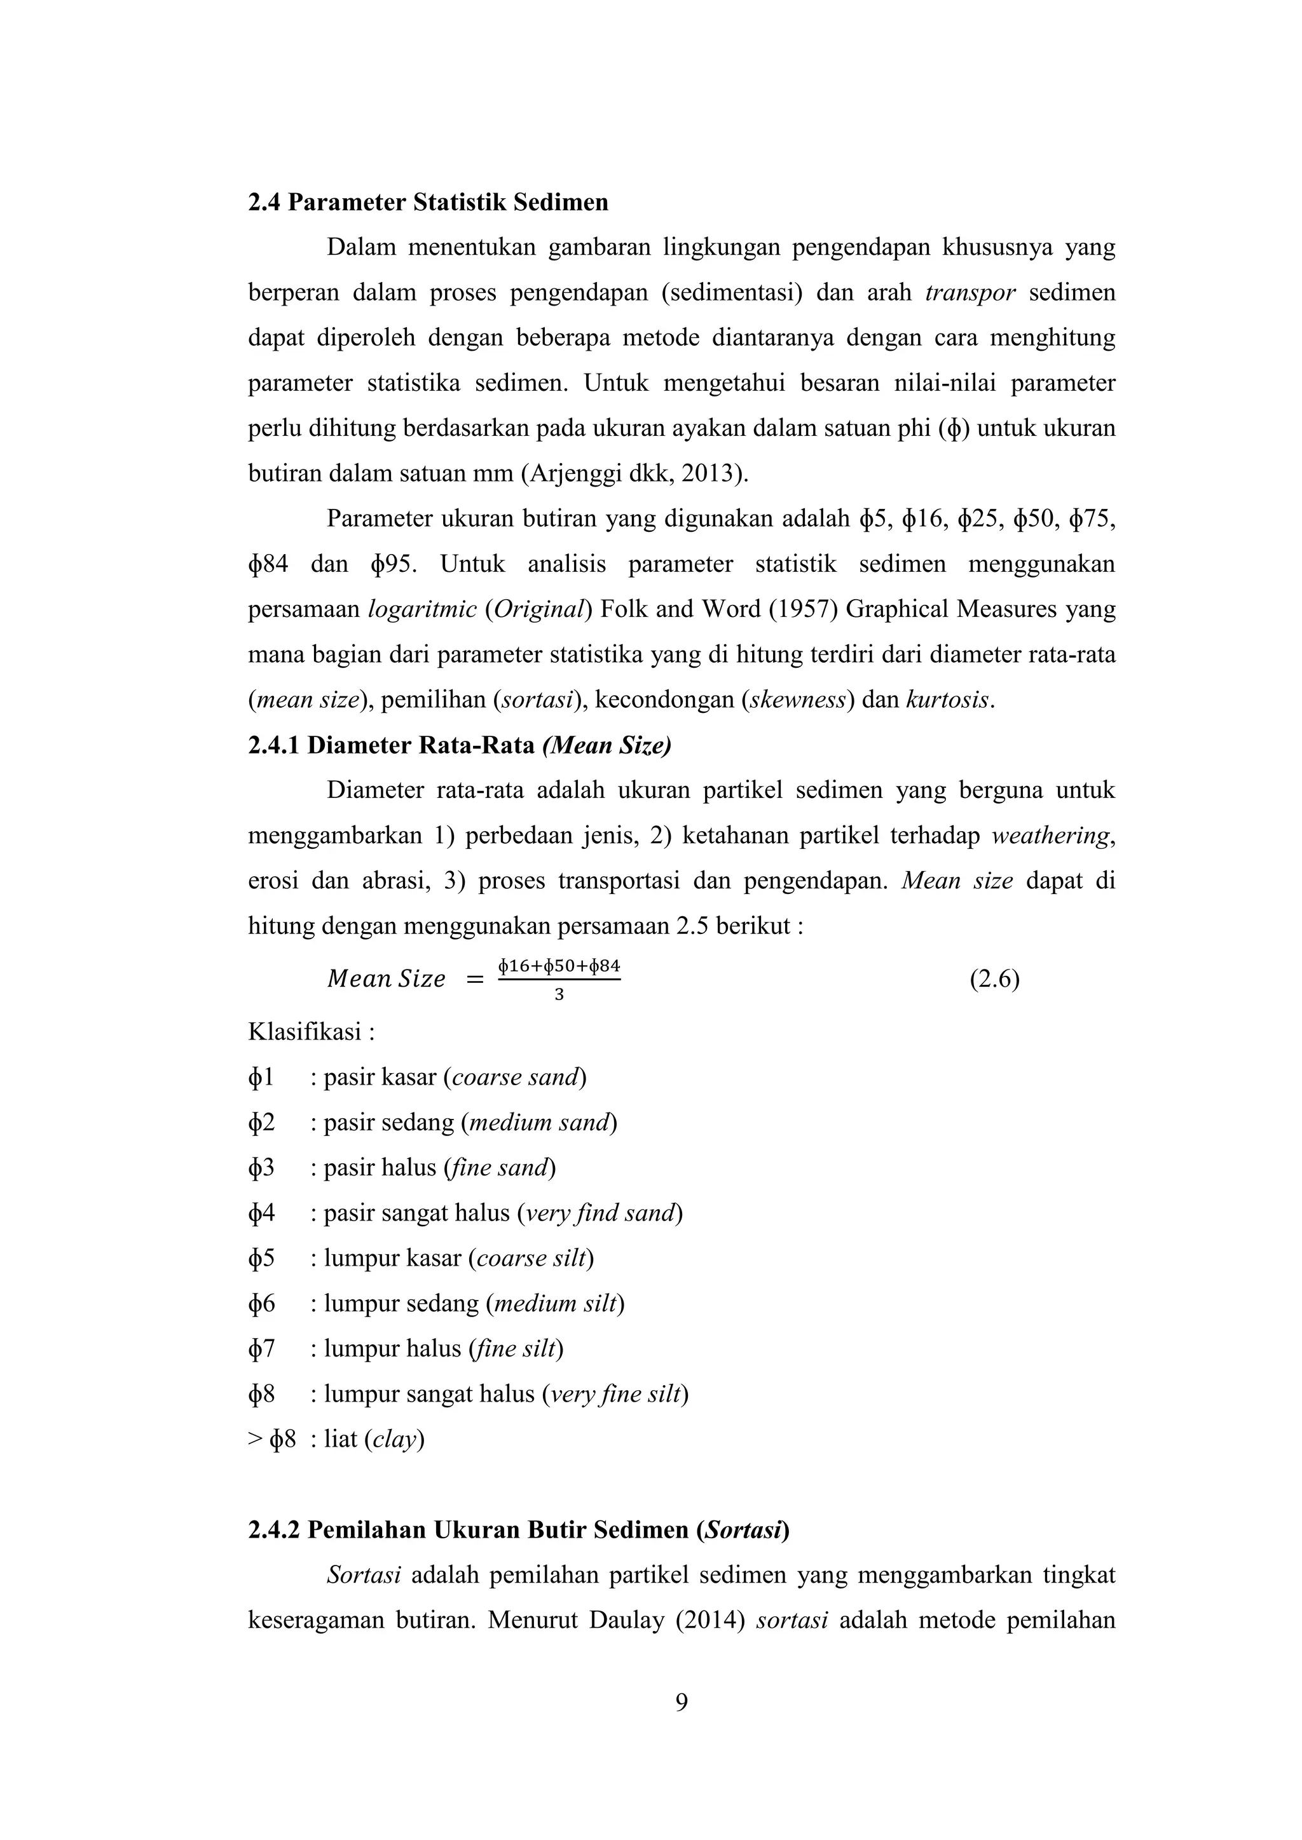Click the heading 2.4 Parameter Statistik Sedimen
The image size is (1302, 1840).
[x=427, y=203]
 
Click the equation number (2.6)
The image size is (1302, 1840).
[x=994, y=979]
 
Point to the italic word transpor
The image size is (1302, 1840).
[x=970, y=292]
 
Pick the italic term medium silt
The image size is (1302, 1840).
[x=556, y=1304]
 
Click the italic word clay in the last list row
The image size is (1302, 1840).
[x=394, y=1440]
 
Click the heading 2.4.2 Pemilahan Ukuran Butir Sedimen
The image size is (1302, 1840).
[x=518, y=1530]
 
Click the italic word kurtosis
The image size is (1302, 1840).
[x=949, y=700]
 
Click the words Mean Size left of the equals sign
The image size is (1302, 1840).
[x=387, y=979]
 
